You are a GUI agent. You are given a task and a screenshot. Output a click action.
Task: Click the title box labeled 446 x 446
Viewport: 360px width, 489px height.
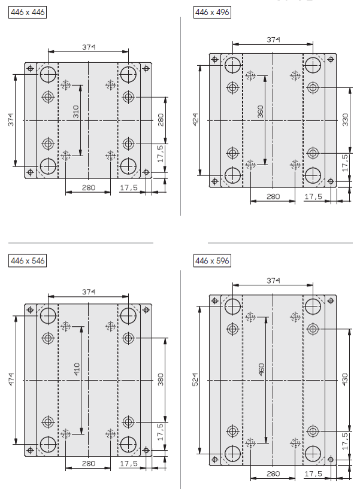pyautogui.click(x=28, y=12)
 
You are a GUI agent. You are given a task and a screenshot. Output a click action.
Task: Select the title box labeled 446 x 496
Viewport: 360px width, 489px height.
pyautogui.click(x=212, y=12)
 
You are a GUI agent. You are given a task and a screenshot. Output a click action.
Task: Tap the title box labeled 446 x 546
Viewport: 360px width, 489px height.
pyautogui.click(x=28, y=261)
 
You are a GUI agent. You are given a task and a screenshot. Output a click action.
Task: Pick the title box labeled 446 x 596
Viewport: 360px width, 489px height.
pyautogui.click(x=212, y=261)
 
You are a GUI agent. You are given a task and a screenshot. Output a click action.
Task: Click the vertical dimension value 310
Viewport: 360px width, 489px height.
pyautogui.click(x=76, y=112)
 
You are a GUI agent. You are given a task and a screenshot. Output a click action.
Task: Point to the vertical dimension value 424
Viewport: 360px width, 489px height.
pyautogui.click(x=195, y=120)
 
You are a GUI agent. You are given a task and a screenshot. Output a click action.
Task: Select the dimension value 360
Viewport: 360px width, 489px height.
pyautogui.click(x=261, y=112)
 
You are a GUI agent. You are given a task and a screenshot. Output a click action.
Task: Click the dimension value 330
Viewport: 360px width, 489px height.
pyautogui.click(x=345, y=120)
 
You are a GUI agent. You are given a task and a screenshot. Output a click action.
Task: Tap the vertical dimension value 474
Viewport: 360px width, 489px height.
pyautogui.click(x=11, y=379)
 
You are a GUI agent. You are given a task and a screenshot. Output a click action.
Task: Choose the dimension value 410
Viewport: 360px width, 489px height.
pyautogui.click(x=77, y=369)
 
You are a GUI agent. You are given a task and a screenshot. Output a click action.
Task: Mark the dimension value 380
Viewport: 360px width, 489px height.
pyautogui.click(x=161, y=379)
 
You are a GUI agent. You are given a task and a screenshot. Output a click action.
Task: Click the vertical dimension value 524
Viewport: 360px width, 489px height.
pyautogui.click(x=195, y=379)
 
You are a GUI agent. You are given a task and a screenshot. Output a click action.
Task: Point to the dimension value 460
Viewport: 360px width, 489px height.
pyautogui.click(x=261, y=369)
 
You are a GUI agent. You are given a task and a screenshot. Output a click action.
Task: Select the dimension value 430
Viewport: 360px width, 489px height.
pyautogui.click(x=345, y=379)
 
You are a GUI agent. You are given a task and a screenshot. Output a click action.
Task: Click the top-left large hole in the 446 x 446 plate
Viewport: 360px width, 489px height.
pyautogui.click(x=48, y=74)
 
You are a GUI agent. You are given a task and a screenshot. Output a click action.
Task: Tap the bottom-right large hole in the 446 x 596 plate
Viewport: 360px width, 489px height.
pyautogui.click(x=313, y=454)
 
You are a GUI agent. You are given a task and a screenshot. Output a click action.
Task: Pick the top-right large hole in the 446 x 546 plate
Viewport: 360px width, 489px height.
pyautogui.click(x=128, y=315)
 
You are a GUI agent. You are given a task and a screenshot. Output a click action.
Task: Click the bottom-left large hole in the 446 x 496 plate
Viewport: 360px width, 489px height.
pyautogui.click(x=232, y=175)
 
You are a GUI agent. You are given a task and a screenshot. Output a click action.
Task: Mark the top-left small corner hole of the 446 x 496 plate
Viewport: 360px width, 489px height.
pyautogui.click(x=215, y=59)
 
